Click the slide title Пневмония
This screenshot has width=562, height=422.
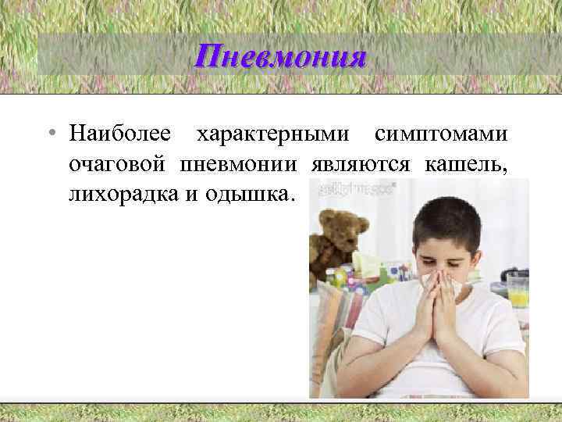(281, 56)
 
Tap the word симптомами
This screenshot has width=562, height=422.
(441, 134)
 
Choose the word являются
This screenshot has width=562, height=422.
(362, 163)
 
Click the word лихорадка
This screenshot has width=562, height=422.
(125, 193)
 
